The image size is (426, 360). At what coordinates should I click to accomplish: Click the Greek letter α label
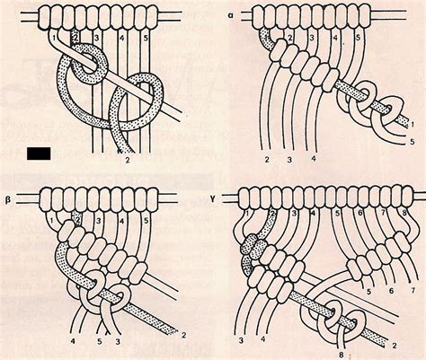[x=232, y=15]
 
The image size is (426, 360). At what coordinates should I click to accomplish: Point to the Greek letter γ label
[x=234, y=190]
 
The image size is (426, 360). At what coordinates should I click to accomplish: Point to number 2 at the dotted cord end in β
[x=185, y=333]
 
